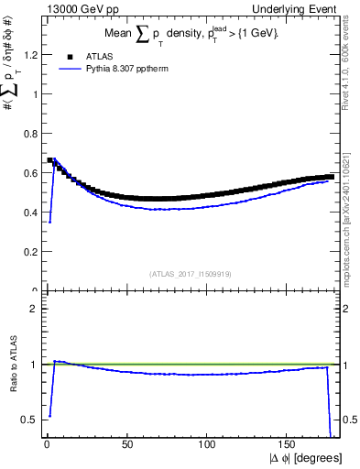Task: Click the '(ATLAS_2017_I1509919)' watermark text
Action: (191, 273)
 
